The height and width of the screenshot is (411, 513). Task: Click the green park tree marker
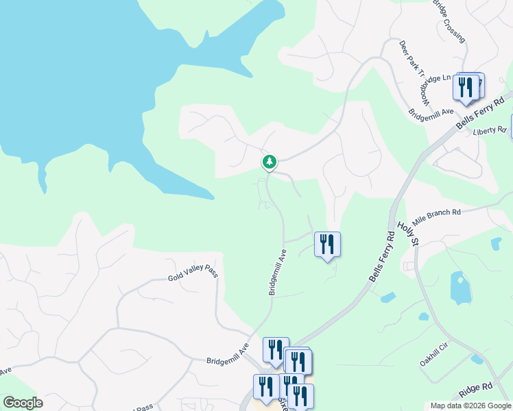(270, 162)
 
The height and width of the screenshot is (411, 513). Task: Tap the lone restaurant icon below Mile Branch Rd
(327, 244)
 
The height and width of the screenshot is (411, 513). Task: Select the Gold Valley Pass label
(193, 275)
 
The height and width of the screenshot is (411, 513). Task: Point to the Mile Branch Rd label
(436, 213)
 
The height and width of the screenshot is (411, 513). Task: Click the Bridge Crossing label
(449, 21)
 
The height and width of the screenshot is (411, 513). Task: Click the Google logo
(23, 403)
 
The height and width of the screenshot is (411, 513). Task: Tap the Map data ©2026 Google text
(470, 406)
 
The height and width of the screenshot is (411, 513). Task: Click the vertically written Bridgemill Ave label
(277, 272)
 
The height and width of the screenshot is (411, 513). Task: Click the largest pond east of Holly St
(460, 287)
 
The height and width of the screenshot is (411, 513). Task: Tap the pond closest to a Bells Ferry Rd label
(387, 297)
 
